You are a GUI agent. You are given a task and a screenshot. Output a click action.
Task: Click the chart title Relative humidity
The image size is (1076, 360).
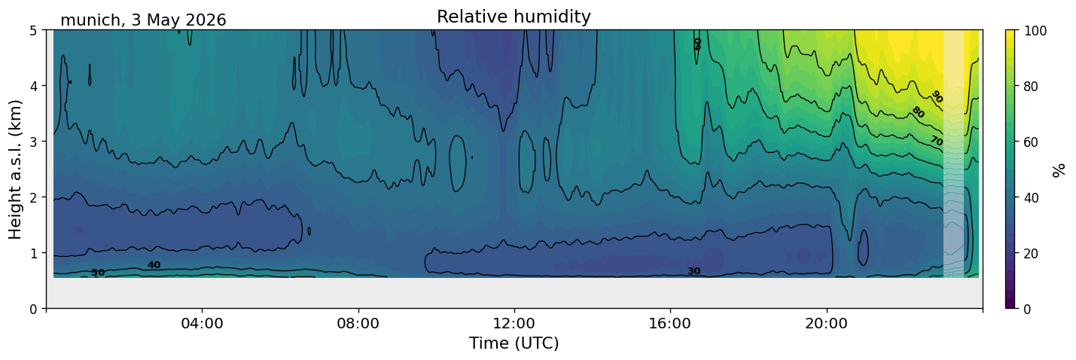(x=514, y=17)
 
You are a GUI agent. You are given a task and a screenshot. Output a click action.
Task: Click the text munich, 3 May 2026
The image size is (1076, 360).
(x=143, y=20)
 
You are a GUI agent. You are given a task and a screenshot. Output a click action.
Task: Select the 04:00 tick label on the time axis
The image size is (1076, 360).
(x=203, y=323)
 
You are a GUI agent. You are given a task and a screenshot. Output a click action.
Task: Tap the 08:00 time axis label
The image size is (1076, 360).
(x=358, y=323)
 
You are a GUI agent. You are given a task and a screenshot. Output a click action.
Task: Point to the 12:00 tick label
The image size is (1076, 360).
(x=514, y=323)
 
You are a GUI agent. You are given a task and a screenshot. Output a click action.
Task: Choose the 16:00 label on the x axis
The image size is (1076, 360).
(x=671, y=323)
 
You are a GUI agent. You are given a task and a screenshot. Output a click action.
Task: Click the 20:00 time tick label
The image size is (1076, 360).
(x=827, y=323)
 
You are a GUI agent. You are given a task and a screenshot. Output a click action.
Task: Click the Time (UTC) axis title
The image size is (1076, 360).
(x=514, y=343)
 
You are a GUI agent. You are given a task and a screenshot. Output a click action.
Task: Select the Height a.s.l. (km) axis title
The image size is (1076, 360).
(x=15, y=169)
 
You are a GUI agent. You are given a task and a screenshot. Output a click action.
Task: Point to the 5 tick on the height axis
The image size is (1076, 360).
(x=33, y=31)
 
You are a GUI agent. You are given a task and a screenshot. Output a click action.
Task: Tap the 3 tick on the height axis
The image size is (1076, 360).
(x=33, y=142)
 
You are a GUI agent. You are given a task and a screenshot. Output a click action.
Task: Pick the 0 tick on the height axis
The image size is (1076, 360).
(x=33, y=309)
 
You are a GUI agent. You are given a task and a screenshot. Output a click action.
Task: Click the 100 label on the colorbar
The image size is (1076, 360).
(x=1035, y=31)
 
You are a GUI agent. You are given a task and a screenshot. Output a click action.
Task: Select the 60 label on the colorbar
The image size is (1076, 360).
(x=1031, y=142)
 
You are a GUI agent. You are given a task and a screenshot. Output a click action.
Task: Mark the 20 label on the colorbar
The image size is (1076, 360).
(x=1031, y=254)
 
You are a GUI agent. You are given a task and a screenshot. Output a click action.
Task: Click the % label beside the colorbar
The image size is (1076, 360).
(x=1058, y=169)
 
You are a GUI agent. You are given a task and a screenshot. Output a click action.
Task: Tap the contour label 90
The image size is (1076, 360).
(x=937, y=98)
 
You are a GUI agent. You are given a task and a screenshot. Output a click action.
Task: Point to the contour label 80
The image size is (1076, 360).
(x=918, y=112)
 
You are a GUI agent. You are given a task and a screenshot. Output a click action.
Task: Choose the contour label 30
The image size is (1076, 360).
(x=694, y=271)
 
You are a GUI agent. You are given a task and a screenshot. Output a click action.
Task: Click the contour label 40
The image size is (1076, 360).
(x=154, y=265)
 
